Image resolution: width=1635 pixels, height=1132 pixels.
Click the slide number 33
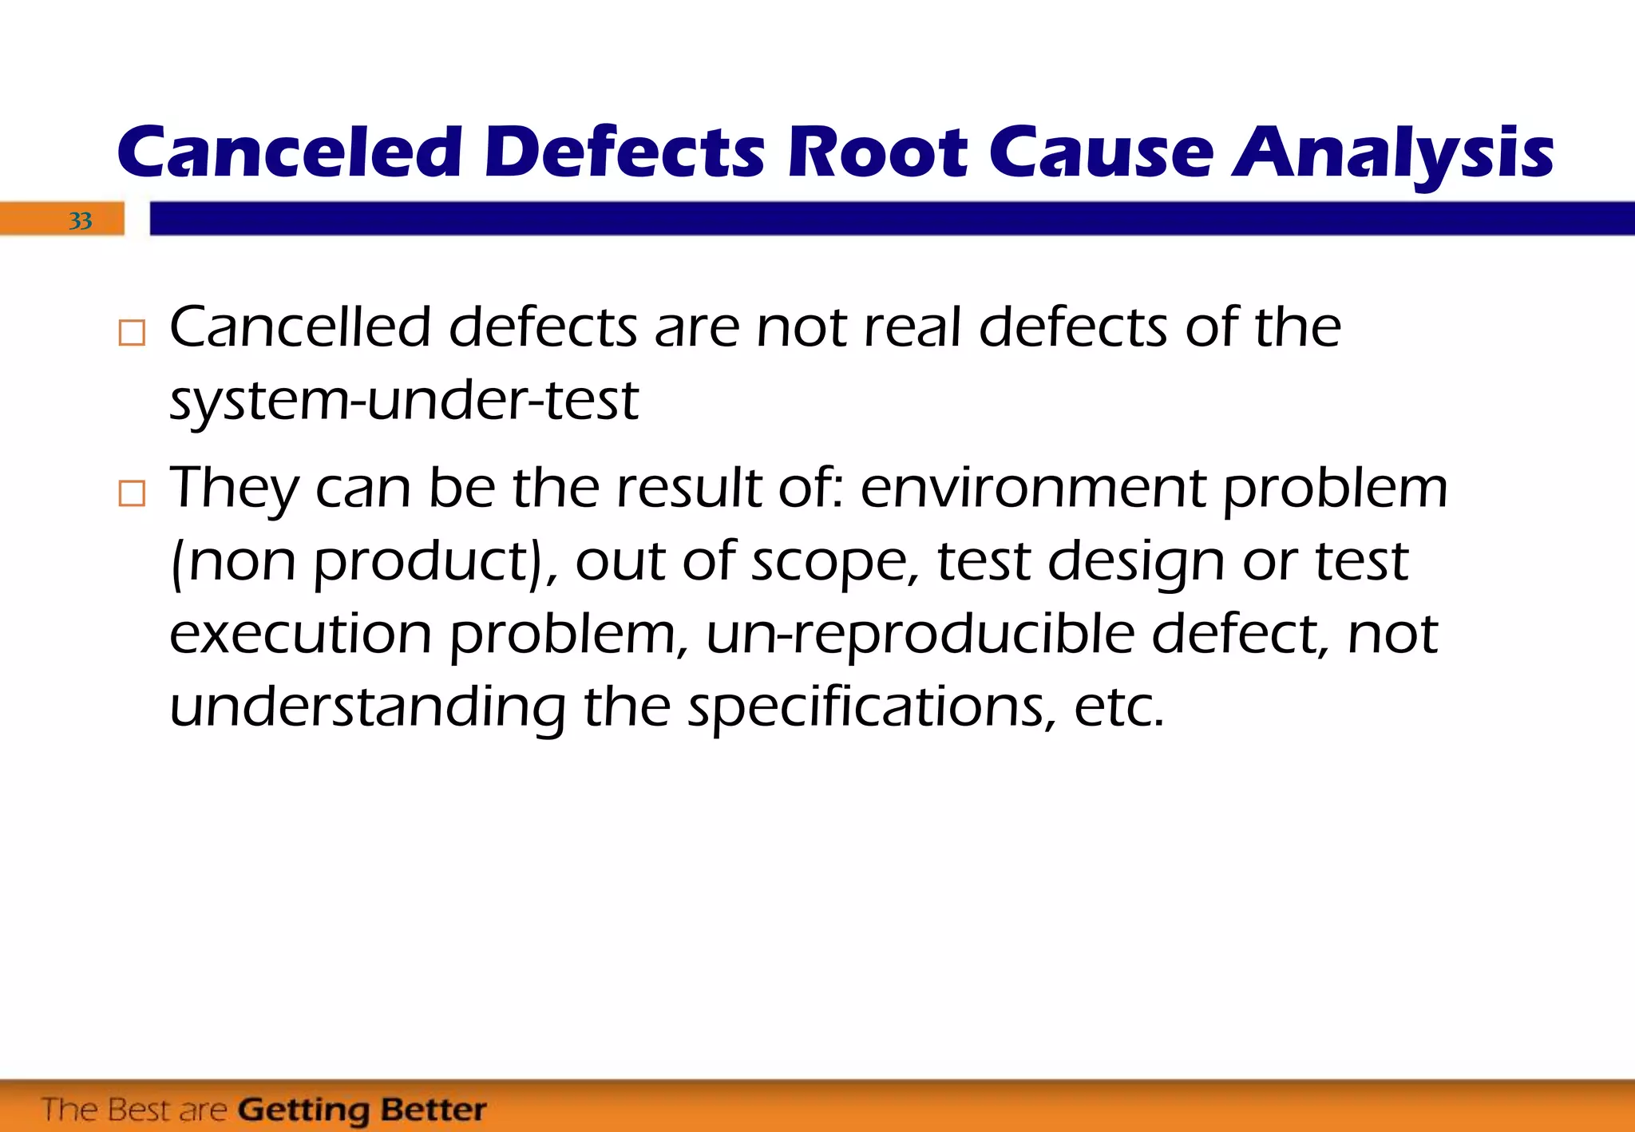[80, 220]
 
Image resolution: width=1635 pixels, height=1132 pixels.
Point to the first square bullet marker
[132, 332]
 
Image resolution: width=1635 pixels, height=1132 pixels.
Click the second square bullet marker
[132, 493]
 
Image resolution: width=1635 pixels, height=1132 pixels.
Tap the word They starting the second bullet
[234, 489]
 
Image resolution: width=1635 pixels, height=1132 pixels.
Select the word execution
[300, 634]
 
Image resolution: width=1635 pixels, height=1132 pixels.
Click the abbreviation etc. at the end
[1118, 707]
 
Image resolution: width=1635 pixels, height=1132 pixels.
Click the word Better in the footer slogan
[433, 1110]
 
